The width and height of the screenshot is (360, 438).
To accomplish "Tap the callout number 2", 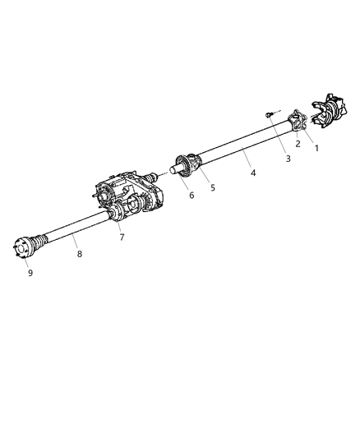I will point(298,143).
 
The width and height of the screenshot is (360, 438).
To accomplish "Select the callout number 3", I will point(288,159).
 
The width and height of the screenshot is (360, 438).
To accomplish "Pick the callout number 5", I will point(213,187).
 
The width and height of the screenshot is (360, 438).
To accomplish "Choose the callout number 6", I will point(192,195).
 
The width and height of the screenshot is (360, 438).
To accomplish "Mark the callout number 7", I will point(122,237).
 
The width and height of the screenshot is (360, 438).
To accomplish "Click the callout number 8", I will point(80,254).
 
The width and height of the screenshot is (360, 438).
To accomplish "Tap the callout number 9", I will point(30,273).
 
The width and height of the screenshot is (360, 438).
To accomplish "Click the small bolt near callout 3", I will point(267,115).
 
